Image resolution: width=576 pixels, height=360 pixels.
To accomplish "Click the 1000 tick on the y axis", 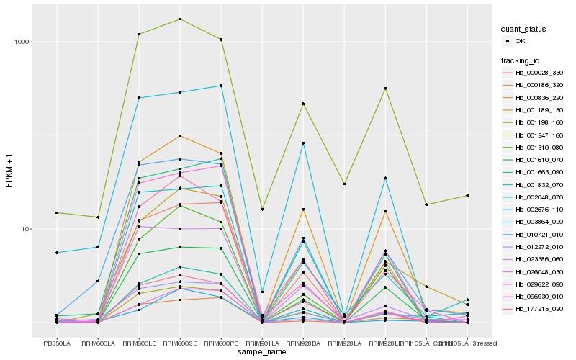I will (x=22, y=42).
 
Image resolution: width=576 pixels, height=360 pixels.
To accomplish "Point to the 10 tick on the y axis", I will (x=24, y=229).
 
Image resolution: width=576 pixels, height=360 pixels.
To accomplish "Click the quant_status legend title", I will (x=525, y=29).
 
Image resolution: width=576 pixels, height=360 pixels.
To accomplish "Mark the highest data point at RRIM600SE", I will (x=180, y=19).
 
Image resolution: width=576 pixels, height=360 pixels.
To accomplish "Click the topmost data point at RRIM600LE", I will (x=139, y=34).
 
